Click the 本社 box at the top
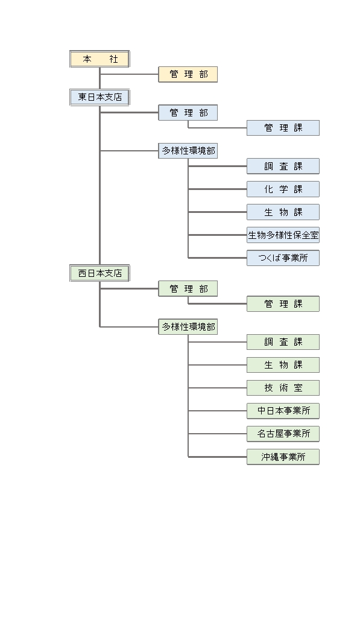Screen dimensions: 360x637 [99, 59]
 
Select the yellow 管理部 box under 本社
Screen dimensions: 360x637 [188, 74]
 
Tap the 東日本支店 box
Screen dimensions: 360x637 [99, 98]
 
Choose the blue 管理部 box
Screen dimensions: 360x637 [188, 113]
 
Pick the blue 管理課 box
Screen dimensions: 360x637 [283, 128]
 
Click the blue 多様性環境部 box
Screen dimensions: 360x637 [188, 151]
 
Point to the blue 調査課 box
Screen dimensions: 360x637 [283, 166]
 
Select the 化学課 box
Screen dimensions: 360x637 [283, 189]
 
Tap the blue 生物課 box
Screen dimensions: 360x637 [283, 212]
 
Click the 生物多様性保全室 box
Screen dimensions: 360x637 [283, 235]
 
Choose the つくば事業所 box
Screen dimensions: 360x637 [283, 258]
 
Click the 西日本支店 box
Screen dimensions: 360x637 [99, 273]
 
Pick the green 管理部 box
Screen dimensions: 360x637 [188, 288]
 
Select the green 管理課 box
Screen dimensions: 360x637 [283, 304]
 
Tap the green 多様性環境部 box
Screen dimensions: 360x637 [188, 326]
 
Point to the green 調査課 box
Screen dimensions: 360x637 [283, 342]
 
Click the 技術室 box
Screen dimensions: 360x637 [283, 388]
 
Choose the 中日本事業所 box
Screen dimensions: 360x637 [283, 411]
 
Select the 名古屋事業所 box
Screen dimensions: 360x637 [283, 434]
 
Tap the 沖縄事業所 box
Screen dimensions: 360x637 [283, 457]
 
